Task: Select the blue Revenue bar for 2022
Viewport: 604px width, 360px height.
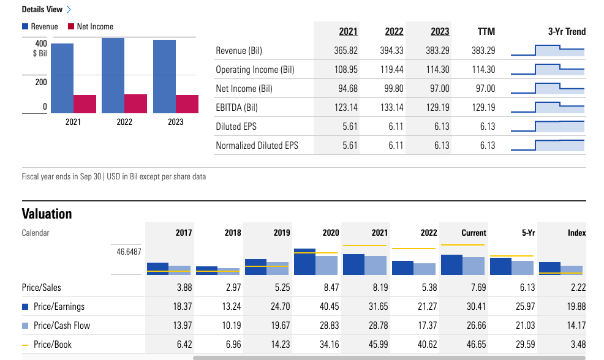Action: (113, 76)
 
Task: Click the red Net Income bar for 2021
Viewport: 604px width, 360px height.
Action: (85, 104)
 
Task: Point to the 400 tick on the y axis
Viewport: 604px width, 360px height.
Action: (40, 44)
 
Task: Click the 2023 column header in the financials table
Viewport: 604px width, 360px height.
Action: (439, 32)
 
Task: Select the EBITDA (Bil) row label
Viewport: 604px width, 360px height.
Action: (236, 108)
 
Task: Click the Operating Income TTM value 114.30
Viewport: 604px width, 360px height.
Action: (483, 70)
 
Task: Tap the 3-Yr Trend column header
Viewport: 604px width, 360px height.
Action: (566, 32)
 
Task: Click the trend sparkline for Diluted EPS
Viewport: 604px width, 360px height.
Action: (547, 127)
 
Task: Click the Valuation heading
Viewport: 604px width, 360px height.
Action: (47, 214)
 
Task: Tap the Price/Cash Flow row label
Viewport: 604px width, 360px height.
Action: (61, 326)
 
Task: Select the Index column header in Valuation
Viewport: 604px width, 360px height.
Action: (576, 233)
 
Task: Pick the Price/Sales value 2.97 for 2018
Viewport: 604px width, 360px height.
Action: (232, 288)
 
